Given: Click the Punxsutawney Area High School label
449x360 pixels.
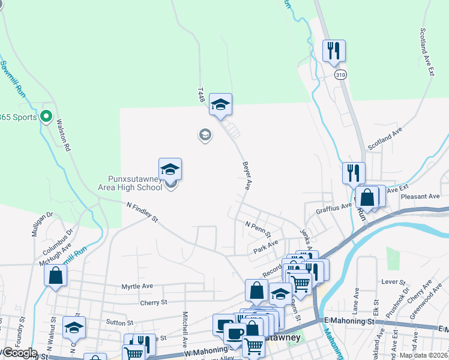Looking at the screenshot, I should [x=130, y=183].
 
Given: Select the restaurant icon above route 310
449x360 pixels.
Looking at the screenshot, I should [x=334, y=50].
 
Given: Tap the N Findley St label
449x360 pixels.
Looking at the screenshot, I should [x=142, y=212].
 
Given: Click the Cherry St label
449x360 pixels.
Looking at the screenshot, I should [x=153, y=302].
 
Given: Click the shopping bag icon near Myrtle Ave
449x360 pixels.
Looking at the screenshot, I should [x=55, y=276].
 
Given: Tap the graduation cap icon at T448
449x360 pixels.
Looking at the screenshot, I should [x=220, y=104].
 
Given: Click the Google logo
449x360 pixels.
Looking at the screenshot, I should [x=19, y=353].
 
